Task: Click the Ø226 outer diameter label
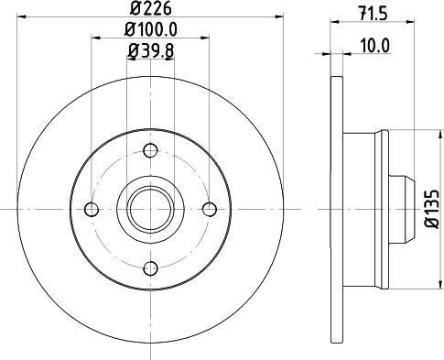pyautogui.click(x=150, y=12)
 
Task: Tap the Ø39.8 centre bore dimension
pyautogui.click(x=150, y=51)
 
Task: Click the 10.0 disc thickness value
pyautogui.click(x=372, y=43)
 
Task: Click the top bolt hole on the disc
pyautogui.click(x=150, y=150)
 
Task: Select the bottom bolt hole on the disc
pyautogui.click(x=150, y=268)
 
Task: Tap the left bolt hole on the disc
pyautogui.click(x=91, y=209)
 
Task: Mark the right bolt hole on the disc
pyautogui.click(x=210, y=209)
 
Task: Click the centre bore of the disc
pyautogui.click(x=150, y=209)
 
